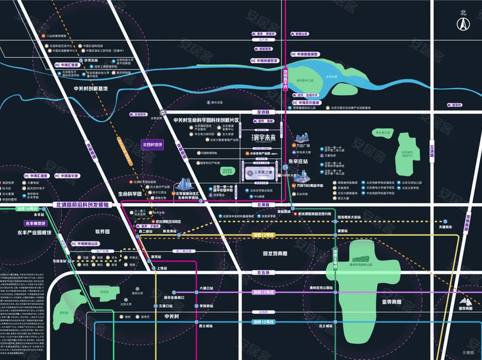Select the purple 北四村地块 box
153,145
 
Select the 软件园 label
102,231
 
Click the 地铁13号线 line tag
264,237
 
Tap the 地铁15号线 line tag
263,293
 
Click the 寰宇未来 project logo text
262,138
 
